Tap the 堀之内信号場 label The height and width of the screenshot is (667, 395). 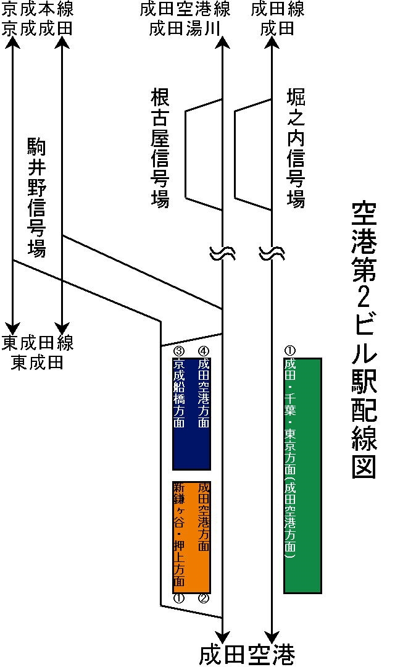(x=296, y=148)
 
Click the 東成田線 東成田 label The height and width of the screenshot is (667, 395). (x=38, y=352)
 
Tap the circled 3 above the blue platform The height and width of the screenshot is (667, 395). (x=179, y=351)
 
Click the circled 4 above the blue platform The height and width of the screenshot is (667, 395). (x=204, y=351)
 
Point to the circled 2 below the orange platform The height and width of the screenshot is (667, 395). (x=204, y=598)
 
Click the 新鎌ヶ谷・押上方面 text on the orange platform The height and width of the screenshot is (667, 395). (x=179, y=536)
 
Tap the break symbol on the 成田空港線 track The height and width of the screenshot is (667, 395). (x=222, y=253)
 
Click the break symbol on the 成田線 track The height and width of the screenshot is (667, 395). (x=271, y=253)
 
